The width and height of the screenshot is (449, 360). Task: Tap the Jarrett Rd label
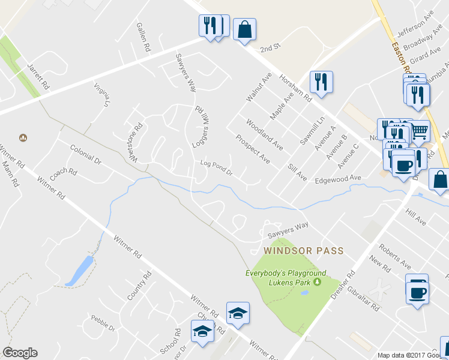click(38, 76)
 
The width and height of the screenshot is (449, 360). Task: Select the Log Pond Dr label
click(216, 167)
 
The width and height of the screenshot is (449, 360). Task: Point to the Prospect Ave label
click(253, 149)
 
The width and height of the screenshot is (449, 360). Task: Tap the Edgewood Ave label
click(339, 178)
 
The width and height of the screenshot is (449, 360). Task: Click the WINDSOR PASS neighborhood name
click(303, 250)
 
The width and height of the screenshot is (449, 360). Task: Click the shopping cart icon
click(420, 130)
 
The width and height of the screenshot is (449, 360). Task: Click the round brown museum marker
click(23, 137)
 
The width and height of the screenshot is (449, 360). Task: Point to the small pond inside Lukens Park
click(304, 293)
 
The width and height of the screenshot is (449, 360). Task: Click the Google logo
click(20, 353)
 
